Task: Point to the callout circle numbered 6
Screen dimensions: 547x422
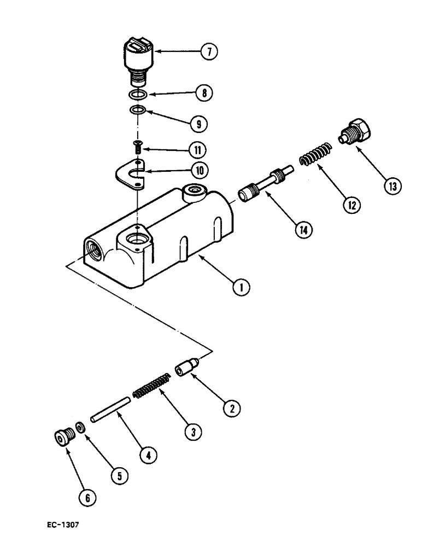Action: [x=90, y=497]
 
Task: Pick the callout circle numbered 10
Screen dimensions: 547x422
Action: [x=200, y=171]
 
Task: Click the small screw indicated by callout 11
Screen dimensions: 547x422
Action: [x=138, y=148]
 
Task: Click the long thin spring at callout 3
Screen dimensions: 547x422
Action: [x=151, y=385]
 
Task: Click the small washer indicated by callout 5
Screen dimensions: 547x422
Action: [x=80, y=427]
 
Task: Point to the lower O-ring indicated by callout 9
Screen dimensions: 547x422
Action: [x=138, y=111]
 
